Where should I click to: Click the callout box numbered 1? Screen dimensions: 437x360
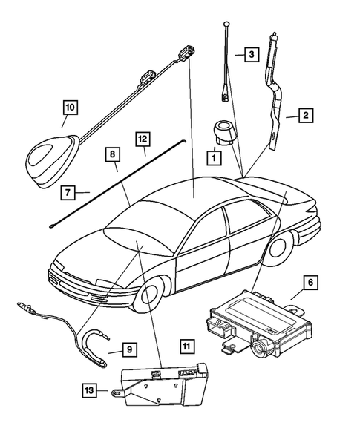click(213, 158)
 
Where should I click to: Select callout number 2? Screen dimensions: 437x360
click(305, 115)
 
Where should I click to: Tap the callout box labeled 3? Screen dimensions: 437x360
click(252, 54)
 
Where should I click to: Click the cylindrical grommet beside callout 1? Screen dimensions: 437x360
click(220, 133)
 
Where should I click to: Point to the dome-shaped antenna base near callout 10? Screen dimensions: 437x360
click(52, 150)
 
